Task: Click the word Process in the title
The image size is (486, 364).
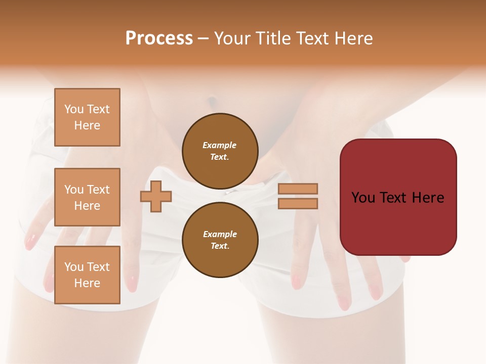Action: [x=159, y=38]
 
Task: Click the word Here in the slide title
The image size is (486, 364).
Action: [x=352, y=38]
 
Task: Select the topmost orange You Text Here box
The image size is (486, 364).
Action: [x=87, y=117]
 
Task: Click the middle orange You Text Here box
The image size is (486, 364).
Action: [x=87, y=197]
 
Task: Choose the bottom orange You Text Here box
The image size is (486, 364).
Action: [x=87, y=275]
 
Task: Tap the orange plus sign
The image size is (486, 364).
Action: [x=156, y=196]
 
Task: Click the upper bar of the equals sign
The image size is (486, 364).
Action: [x=298, y=189]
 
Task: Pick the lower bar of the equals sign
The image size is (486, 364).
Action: [x=298, y=204]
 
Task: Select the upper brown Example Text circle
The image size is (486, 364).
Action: [x=220, y=151]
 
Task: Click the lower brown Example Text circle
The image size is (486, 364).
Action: [x=220, y=240]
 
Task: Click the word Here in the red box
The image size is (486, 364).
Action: [x=427, y=198]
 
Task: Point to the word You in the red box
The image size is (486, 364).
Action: [x=363, y=198]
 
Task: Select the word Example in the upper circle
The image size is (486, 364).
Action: [x=220, y=145]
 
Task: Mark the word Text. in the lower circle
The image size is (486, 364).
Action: [x=220, y=246]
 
